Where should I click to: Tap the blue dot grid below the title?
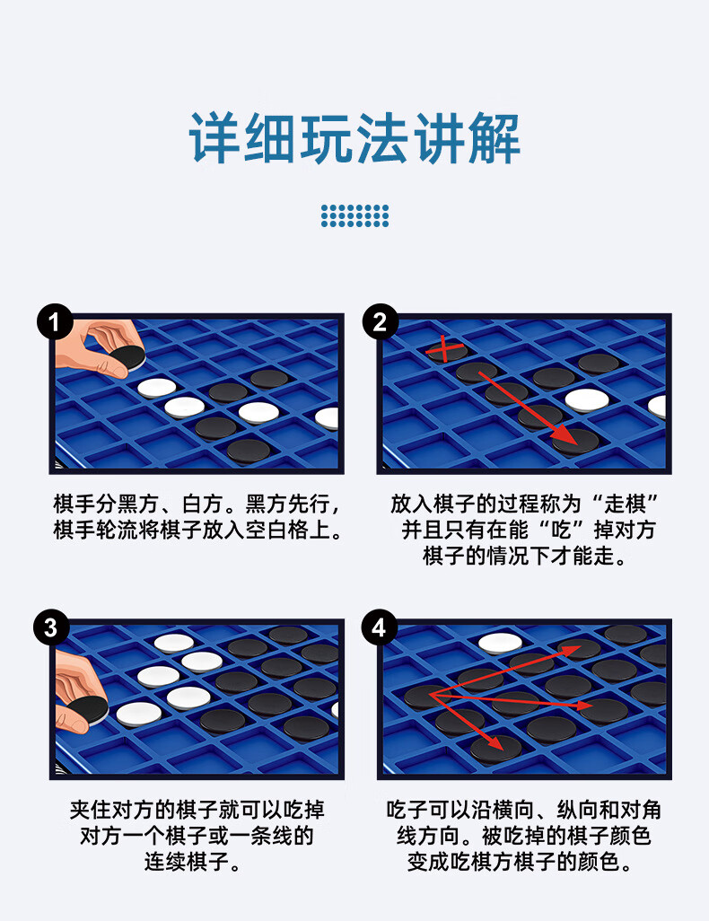coord(354,215)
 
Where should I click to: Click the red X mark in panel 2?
coord(446,347)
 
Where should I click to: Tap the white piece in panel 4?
coord(500,642)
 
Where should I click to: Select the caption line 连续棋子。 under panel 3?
coord(197,863)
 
